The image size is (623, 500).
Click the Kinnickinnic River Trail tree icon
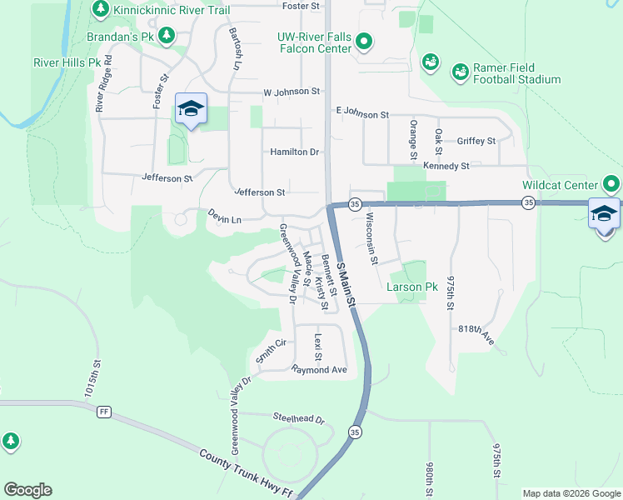click(101, 8)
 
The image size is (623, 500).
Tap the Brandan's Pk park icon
click(167, 36)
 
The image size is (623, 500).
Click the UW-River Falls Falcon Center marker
click(364, 41)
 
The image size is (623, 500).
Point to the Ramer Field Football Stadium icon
click(460, 72)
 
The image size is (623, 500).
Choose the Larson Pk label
click(411, 287)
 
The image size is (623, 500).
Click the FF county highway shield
click(104, 412)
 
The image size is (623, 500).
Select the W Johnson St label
click(292, 92)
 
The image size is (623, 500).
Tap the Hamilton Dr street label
click(295, 152)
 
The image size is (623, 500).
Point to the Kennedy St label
click(446, 166)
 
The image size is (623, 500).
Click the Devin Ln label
click(224, 217)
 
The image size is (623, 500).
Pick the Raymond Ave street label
click(318, 369)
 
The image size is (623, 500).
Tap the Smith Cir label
click(271, 350)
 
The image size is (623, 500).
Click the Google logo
click(27, 490)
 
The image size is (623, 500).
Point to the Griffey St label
click(476, 141)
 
